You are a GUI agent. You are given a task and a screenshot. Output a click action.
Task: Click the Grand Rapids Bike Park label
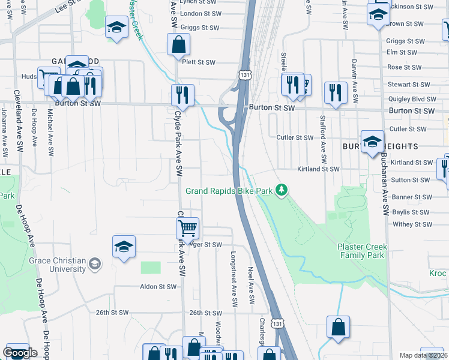point(229,191)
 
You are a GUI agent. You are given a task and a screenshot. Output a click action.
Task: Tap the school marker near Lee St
point(116,26)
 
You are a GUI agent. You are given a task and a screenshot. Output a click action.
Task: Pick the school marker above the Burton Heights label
point(372,141)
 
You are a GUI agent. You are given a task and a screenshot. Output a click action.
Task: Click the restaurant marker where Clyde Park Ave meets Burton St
point(182,95)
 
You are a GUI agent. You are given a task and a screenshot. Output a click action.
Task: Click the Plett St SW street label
point(199,62)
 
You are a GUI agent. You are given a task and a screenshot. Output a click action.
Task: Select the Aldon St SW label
point(158,287)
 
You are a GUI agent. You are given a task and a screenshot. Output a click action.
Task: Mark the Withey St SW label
point(411,224)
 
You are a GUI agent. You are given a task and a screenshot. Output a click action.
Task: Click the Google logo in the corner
point(20,353)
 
